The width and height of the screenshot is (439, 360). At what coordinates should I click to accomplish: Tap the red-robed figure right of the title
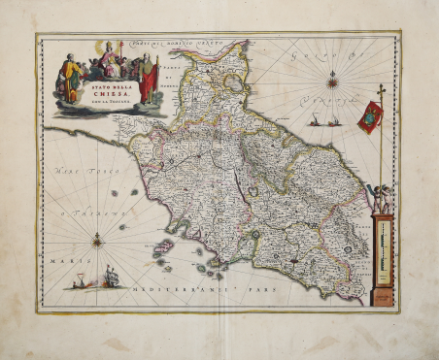tap(147, 80)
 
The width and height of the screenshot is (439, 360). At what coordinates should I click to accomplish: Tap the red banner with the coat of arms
tap(370, 117)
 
